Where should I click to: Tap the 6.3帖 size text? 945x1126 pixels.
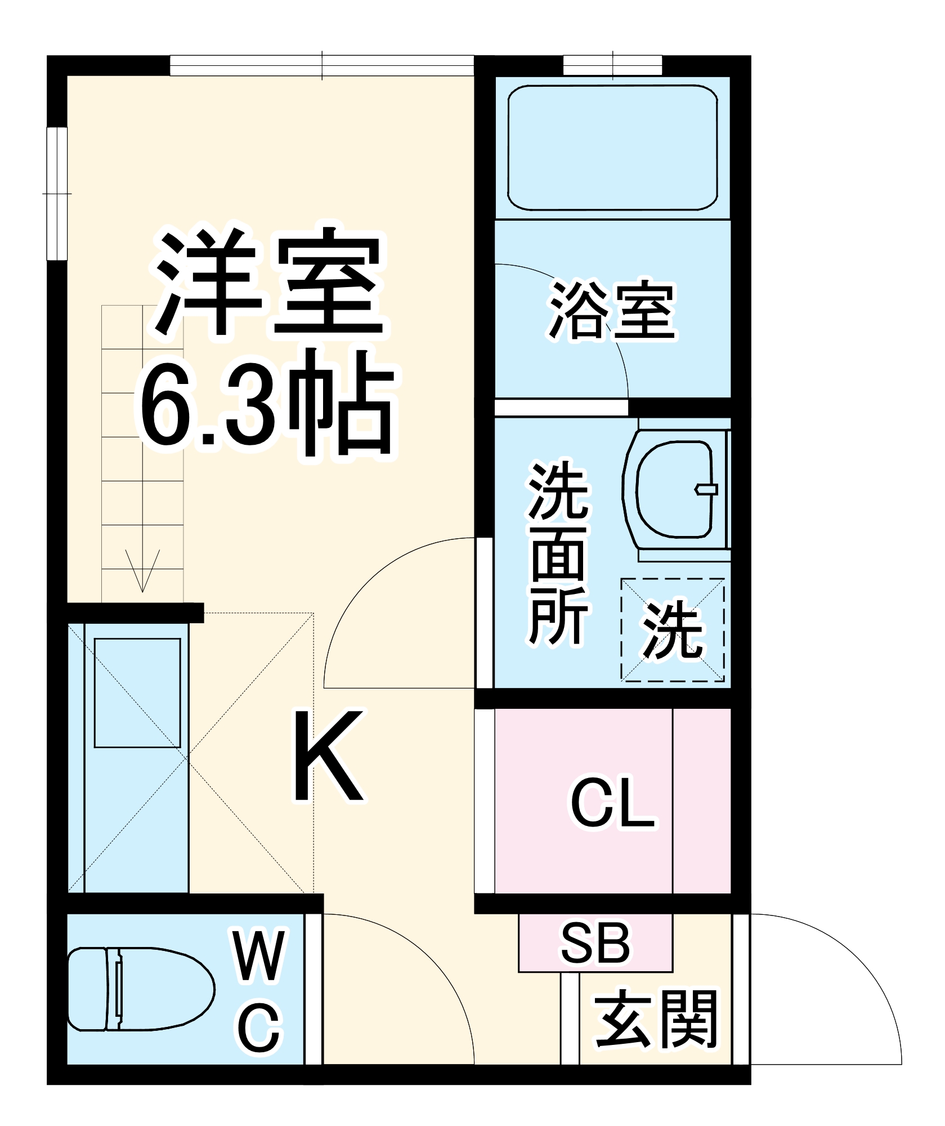click(x=267, y=405)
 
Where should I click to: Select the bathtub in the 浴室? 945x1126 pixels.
click(x=612, y=148)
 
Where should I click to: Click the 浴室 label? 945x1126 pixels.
click(x=612, y=311)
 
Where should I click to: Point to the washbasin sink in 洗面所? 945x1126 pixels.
click(x=674, y=489)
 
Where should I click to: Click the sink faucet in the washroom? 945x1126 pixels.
click(x=707, y=489)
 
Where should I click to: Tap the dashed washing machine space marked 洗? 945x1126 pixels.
click(x=673, y=629)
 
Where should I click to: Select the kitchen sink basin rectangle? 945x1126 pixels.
click(x=137, y=692)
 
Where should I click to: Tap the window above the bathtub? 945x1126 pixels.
click(x=612, y=65)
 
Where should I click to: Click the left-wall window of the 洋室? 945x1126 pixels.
click(x=57, y=193)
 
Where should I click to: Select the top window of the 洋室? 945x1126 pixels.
click(x=321, y=65)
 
